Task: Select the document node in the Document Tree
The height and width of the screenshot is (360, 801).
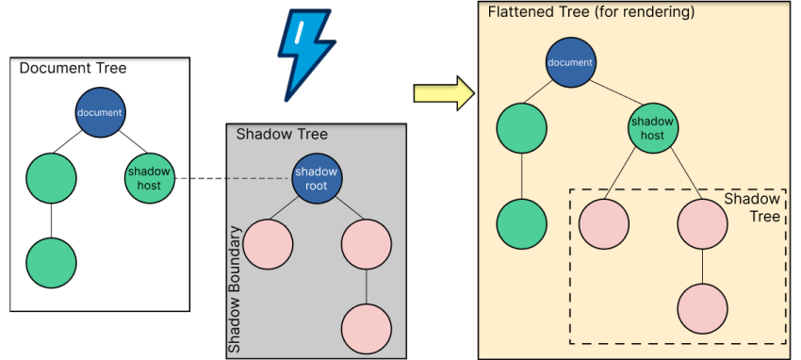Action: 100,112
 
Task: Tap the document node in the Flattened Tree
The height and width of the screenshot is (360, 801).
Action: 571,62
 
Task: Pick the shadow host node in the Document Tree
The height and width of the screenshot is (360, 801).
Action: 149,178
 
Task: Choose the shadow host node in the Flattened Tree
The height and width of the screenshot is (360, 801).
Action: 653,128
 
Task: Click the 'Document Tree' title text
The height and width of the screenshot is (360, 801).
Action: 73,69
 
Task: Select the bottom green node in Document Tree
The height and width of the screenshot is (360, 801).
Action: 51,262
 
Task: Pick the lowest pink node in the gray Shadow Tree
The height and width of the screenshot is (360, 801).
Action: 366,328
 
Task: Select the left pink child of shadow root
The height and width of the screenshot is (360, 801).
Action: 268,244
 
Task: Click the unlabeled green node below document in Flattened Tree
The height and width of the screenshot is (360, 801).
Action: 521,128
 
